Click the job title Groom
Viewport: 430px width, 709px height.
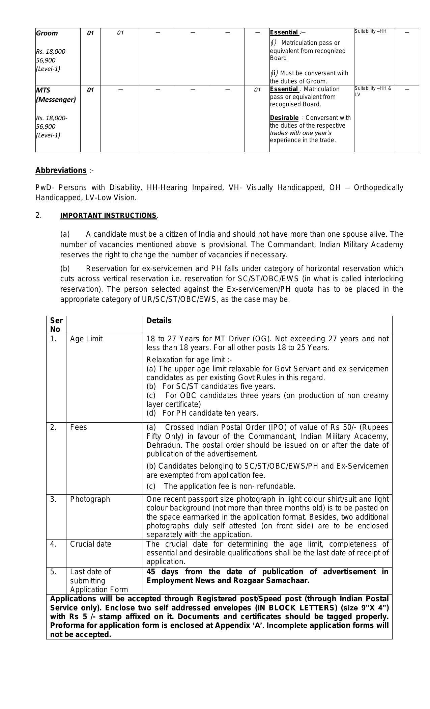47,33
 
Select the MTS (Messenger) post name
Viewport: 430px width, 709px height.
56,95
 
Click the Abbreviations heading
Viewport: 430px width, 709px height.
61,170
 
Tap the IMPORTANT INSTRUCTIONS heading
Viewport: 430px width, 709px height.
108,215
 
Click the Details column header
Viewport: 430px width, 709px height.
159,320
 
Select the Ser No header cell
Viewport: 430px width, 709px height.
56,325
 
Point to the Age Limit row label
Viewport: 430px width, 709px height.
86,339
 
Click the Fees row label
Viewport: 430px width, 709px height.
79,427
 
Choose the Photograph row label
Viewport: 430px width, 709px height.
90,499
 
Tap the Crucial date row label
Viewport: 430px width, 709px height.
91,544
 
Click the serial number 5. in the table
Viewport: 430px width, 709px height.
53,572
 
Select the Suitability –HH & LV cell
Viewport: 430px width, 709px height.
373,91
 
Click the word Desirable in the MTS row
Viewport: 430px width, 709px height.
284,118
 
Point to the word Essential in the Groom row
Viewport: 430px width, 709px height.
284,32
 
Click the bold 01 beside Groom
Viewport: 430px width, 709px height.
90,33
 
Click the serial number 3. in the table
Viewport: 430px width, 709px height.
53,499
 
